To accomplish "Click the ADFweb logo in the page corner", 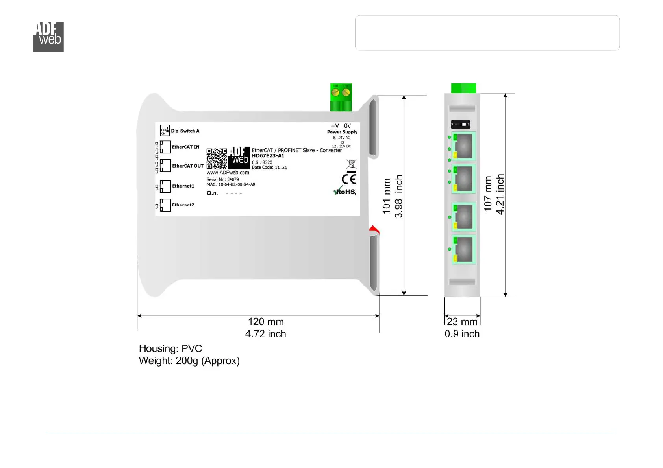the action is pos(48,37).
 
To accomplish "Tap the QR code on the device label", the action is pos(217,158).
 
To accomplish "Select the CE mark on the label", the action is pos(349,179).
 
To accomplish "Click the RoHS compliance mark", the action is pos(345,192).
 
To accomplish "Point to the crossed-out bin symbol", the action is pos(351,164).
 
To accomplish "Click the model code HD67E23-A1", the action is pos(268,156).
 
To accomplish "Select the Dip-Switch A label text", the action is pos(185,131).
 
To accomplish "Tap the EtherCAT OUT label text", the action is pos(188,166).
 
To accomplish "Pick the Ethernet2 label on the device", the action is pos(183,205).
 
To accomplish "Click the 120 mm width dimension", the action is pos(266,322).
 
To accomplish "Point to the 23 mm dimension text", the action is pos(462,322).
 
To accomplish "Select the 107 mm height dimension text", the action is pos(488,194).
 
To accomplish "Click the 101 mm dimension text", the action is pos(387,196).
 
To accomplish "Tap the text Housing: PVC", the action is pos(170,348).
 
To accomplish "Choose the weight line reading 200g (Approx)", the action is pos(189,361).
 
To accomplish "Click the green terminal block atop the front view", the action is pos(341,97).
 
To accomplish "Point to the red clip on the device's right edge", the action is pos(374,229).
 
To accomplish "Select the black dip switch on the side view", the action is pos(460,125).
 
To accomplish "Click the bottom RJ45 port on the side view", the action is pos(464,249).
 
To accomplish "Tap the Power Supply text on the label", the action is pos(342,132).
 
